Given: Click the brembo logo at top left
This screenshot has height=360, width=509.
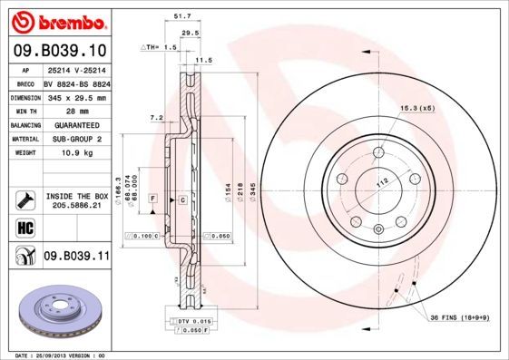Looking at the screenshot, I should coord(56,21).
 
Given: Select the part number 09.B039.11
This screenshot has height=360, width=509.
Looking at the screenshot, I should coord(76,257).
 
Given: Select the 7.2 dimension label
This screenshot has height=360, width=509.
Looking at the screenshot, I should coord(155,117).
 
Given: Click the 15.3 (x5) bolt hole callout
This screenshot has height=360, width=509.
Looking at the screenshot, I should coord(417,108).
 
